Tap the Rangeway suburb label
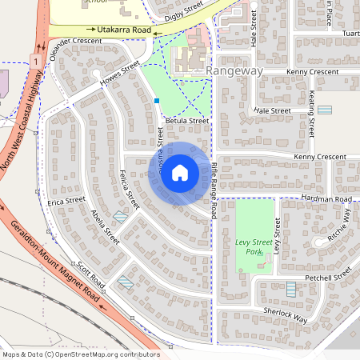point(234,71)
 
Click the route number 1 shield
point(36,60)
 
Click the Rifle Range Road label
point(214,191)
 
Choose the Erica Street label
point(66,201)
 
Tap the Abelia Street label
point(105,227)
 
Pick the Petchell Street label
point(328,276)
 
